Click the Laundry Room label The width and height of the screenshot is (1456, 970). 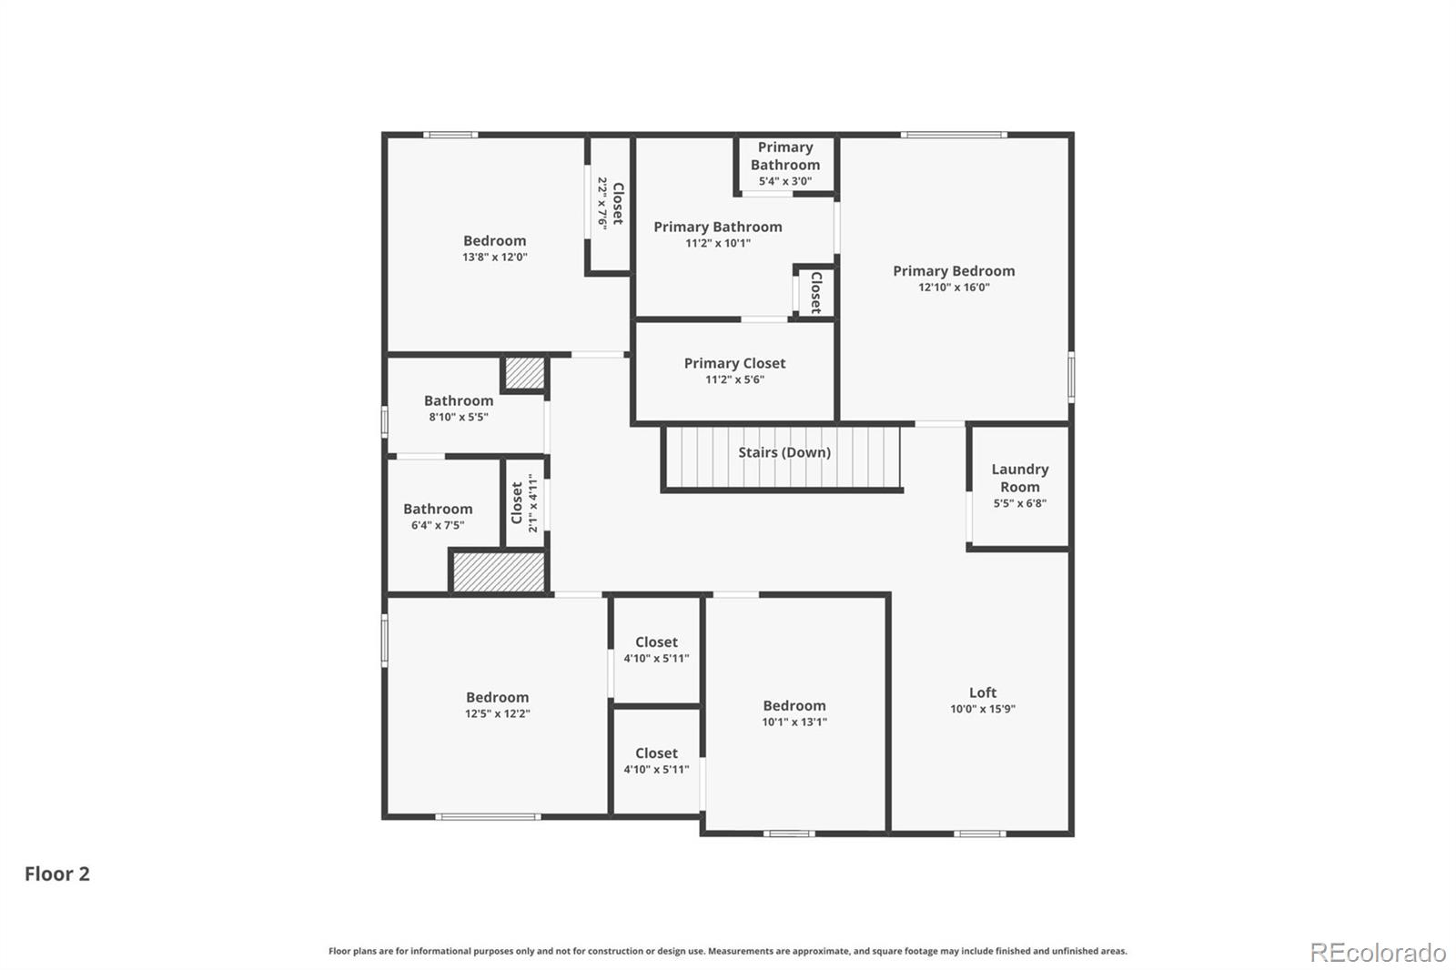coord(1019,478)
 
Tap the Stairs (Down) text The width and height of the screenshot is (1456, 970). coord(784,452)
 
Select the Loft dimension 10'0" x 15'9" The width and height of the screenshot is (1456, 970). coord(982,709)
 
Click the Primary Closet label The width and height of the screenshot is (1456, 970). coord(734,363)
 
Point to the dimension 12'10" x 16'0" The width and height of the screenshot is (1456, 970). coord(953,288)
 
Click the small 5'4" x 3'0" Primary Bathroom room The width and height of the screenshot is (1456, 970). coord(784,164)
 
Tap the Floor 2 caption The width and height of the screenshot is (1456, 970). coord(56,874)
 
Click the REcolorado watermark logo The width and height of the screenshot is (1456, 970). coord(1377,953)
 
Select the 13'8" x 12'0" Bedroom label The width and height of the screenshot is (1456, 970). coord(494,241)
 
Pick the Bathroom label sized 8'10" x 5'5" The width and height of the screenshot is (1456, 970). coord(459,400)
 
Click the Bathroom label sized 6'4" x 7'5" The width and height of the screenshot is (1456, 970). coord(438,509)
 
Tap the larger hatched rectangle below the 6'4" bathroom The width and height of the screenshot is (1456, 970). coord(499,571)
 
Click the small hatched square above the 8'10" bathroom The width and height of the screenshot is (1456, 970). coord(524,372)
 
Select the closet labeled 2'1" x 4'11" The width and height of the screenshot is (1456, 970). coord(524,502)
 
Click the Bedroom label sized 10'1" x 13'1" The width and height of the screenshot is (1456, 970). coord(794,706)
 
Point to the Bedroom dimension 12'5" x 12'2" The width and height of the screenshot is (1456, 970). coord(497,714)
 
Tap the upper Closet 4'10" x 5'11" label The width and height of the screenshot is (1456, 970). coord(656,642)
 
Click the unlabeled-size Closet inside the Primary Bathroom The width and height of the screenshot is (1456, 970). coord(815,291)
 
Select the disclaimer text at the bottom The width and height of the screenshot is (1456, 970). coord(727,951)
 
